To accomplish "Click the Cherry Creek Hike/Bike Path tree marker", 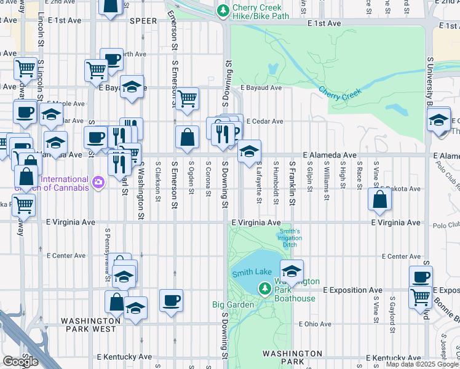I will tap(223, 11).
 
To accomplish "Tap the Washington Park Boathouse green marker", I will tap(265, 288).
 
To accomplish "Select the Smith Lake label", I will tap(248, 273).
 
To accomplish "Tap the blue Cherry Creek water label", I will tap(340, 93).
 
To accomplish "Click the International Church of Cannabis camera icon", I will tap(98, 182).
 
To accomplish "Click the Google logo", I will tap(20, 362).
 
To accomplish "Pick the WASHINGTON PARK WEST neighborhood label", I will tap(90, 325).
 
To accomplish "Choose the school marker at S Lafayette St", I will tap(249, 151).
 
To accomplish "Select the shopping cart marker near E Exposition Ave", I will tap(421, 296).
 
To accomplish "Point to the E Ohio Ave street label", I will tap(314, 324).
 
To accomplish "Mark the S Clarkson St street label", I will tap(159, 181).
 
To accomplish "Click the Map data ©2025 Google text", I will tap(422, 364).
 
